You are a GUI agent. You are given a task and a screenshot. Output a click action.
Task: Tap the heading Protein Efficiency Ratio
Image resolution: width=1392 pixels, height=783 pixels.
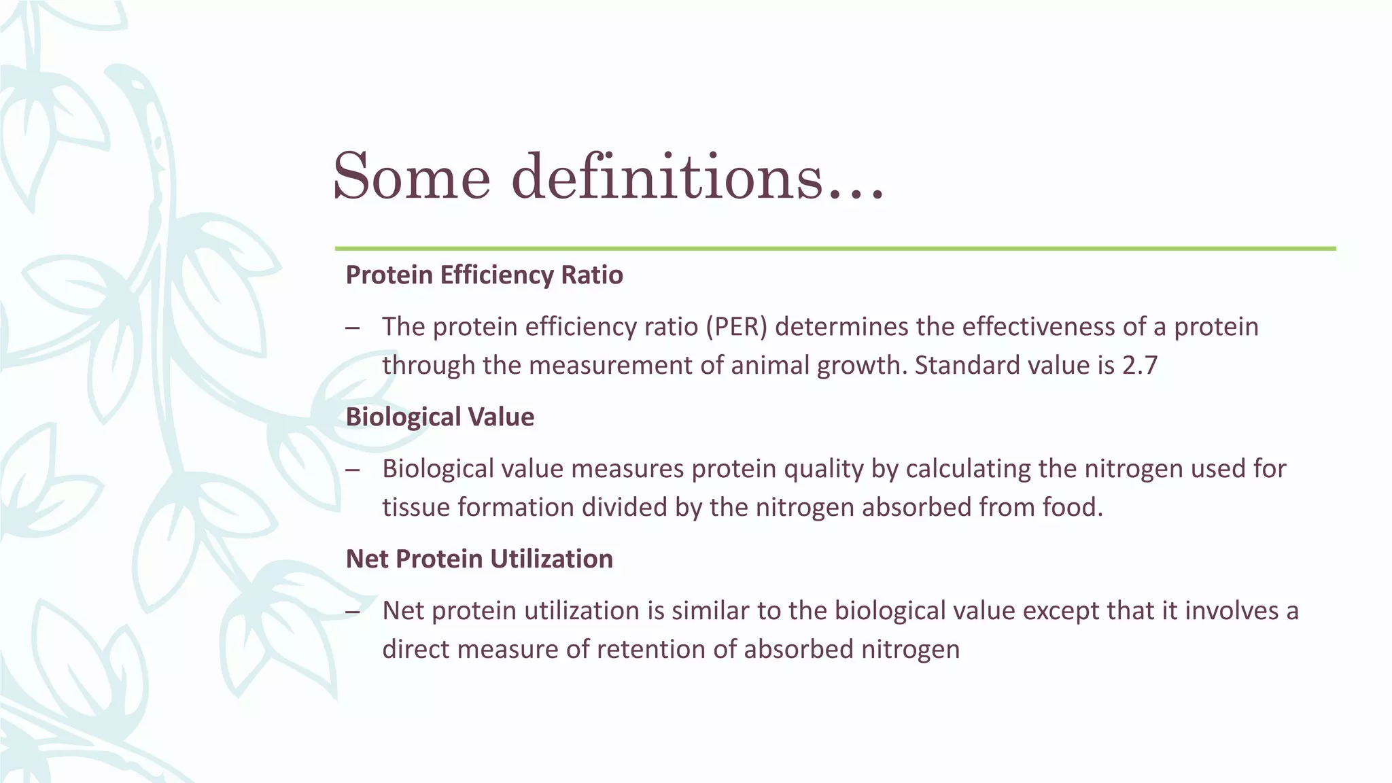click(x=484, y=275)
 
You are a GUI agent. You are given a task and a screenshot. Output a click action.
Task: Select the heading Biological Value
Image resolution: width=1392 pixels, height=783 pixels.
click(x=440, y=417)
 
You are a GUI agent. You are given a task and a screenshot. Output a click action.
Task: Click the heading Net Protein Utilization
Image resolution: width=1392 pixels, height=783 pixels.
click(x=479, y=559)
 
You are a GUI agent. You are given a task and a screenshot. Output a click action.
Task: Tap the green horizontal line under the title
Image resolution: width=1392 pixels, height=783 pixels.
click(x=835, y=249)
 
